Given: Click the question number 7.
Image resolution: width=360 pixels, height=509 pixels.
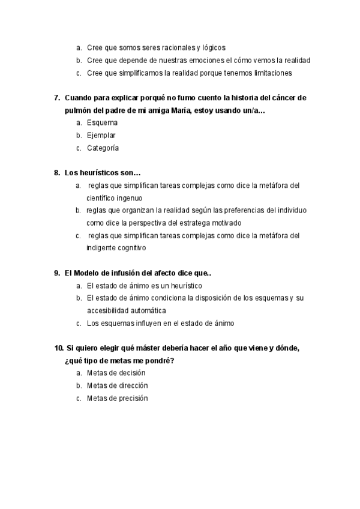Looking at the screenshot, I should pos(57,98).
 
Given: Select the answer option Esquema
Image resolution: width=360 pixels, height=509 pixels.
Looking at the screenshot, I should pos(102,123).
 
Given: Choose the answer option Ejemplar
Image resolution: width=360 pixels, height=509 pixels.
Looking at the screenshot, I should pos(101,136).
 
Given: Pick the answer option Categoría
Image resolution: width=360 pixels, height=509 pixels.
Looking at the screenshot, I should pos(103,148).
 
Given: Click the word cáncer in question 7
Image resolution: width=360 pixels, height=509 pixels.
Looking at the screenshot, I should pos(281,98).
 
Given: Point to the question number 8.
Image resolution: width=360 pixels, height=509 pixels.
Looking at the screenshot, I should pos(57,173).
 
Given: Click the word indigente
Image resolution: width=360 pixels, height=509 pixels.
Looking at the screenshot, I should pos(102,248).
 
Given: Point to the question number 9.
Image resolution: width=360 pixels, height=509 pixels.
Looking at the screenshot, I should pos(57,273).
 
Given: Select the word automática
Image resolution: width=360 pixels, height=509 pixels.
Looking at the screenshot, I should pos(145,310).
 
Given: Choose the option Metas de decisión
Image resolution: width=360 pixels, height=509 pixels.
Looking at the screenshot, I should pos(116,373).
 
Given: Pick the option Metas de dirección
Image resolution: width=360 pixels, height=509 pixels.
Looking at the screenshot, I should pos(117,386).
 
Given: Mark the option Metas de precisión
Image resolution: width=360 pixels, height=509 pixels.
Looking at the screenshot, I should pos(117,399).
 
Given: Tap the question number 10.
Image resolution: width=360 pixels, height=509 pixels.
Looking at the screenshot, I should pos(58,348).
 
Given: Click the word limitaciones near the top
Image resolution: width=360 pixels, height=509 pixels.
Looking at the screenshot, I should pos(271,73).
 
